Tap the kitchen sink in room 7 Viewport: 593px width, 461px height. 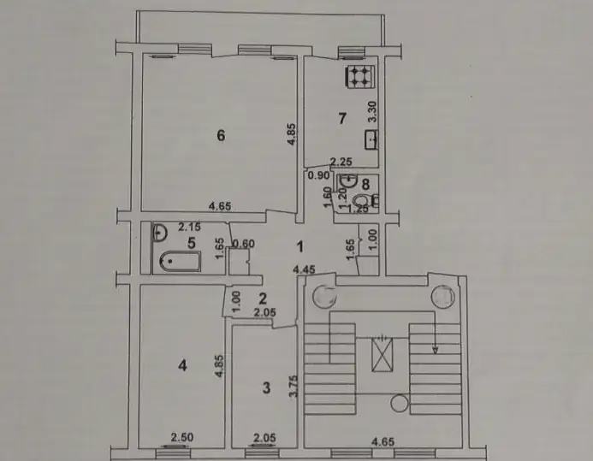click(371, 139)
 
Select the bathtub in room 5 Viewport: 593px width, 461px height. click(180, 262)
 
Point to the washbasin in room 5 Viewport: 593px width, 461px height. click(159, 232)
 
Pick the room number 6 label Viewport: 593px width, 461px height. click(221, 135)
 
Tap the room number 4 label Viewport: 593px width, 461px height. click(182, 365)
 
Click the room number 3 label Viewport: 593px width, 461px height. click(266, 387)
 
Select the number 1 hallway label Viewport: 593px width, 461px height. click(299, 246)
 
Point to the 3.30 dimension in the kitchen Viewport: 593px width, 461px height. click(372, 111)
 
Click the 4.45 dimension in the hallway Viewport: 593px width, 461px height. click(305, 269)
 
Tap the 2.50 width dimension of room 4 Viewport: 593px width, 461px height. click(182, 437)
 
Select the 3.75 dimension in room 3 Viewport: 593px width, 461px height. click(294, 386)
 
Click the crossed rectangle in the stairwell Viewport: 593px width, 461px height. click(382, 354)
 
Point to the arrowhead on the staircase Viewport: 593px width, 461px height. click(436, 351)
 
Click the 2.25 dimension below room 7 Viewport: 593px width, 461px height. click(341, 162)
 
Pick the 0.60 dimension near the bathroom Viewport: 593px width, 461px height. click(243, 244)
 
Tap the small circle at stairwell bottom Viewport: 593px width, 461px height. click(399, 403)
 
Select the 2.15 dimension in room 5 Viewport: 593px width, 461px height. click(189, 228)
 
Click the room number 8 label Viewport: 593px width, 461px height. click(365, 185)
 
